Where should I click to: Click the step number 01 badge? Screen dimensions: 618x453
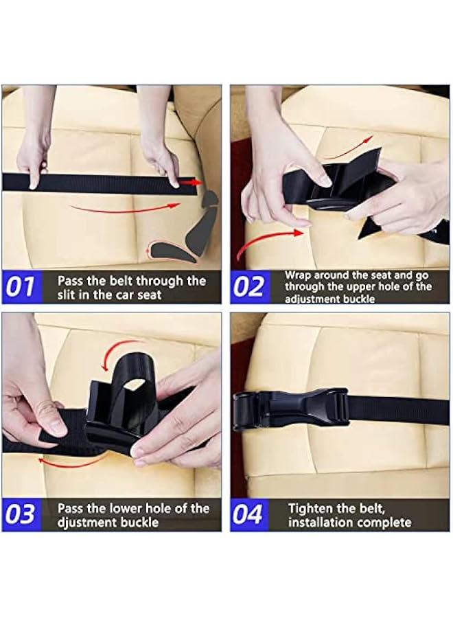(21, 287)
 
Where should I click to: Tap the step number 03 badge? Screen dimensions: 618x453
(21, 514)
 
